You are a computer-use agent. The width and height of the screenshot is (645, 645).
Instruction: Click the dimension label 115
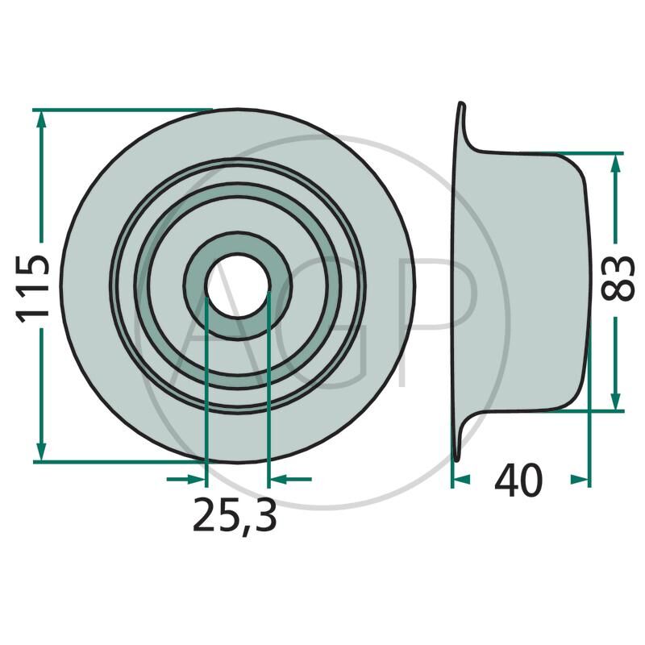point(32,288)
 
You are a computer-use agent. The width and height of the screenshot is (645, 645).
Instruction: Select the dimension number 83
point(616,278)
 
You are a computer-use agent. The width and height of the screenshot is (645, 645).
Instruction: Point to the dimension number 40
point(518,480)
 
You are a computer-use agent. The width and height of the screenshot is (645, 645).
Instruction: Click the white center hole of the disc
point(237,286)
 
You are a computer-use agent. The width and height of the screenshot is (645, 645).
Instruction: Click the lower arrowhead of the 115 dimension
point(41,452)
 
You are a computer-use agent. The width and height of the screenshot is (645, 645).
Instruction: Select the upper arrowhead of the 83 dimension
point(615,163)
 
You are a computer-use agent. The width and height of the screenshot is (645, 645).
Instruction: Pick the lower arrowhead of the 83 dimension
point(615,402)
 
